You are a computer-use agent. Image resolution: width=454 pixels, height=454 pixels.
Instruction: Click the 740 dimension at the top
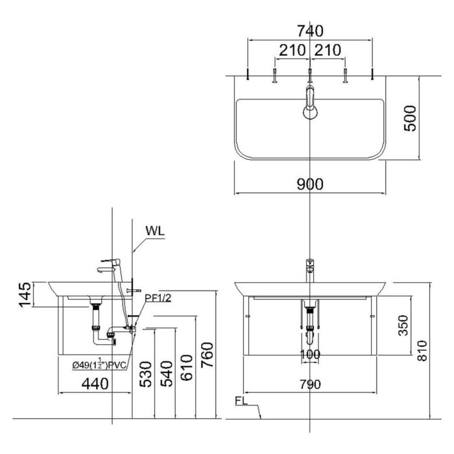coord(310,31)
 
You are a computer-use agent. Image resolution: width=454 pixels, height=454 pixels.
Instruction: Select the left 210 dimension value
coord(293,51)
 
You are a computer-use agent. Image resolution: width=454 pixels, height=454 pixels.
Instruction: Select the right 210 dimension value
coord(328,51)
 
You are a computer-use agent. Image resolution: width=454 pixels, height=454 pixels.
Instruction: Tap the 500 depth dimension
coord(411,117)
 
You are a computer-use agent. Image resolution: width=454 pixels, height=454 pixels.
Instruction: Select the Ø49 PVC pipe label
coord(99,365)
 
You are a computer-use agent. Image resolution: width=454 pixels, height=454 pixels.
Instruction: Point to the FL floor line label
coord(241,402)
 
